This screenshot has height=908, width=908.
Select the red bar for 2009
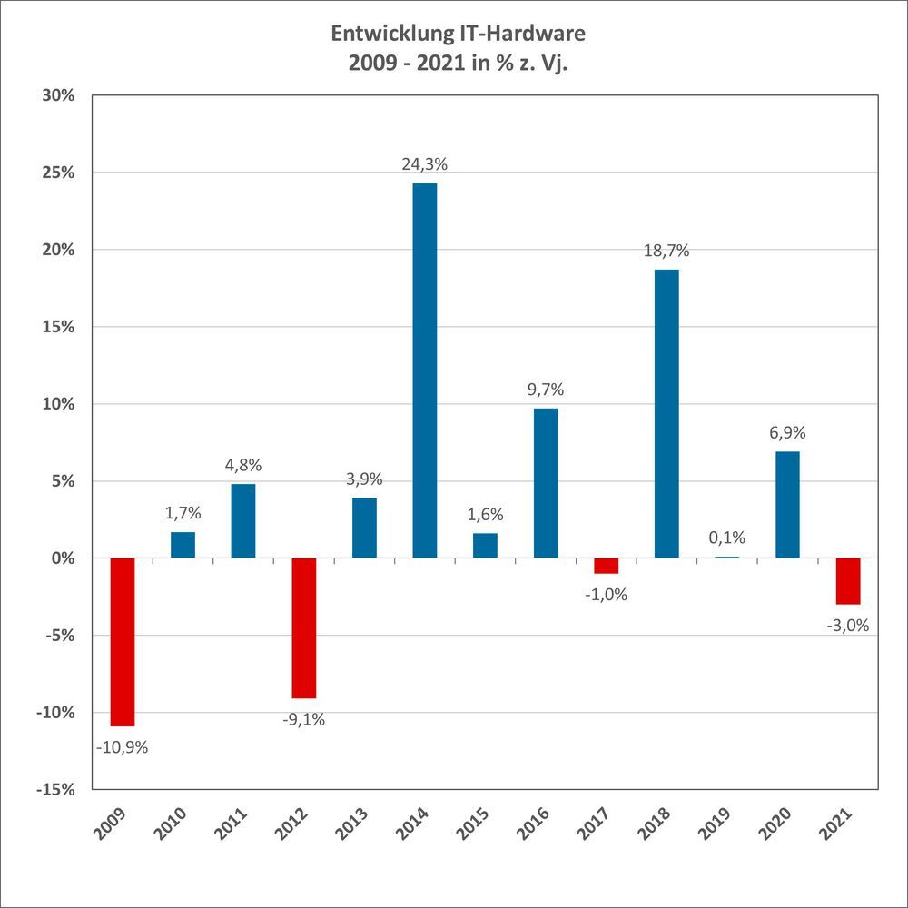[x=123, y=641]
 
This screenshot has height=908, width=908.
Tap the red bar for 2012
[x=304, y=627]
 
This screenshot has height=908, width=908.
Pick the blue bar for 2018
[x=666, y=413]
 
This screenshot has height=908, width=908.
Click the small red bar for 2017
[x=606, y=566]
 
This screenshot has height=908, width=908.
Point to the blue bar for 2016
[x=546, y=483]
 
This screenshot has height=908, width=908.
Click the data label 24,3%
[x=424, y=165]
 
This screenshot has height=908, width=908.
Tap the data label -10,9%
[x=122, y=748]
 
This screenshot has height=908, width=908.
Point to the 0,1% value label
[x=726, y=538]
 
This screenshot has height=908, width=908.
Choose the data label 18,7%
[x=666, y=252]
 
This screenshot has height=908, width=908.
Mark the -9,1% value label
[x=303, y=720]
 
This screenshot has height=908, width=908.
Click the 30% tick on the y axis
[x=57, y=96]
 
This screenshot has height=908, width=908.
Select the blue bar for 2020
[x=787, y=505]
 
